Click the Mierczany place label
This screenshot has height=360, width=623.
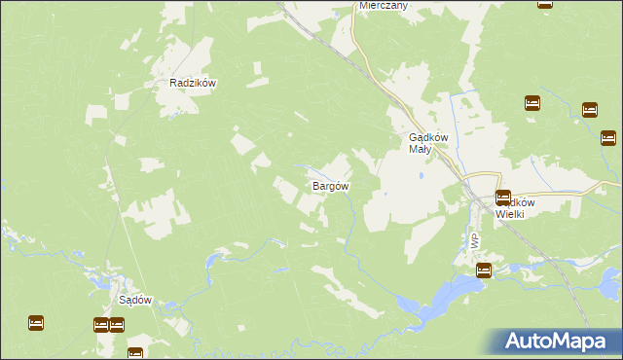(383, 5)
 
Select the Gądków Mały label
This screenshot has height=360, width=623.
(425, 143)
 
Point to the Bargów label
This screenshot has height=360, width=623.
(331, 185)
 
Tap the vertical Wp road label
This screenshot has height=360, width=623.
(474, 240)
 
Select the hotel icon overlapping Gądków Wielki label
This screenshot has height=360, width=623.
(503, 198)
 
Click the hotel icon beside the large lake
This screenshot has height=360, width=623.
(484, 271)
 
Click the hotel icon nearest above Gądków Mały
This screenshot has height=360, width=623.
(531, 103)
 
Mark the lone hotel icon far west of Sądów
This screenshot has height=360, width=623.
(36, 322)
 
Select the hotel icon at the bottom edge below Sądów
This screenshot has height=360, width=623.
(135, 353)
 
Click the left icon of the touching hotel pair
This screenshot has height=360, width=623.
(101, 325)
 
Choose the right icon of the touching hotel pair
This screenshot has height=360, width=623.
(117, 325)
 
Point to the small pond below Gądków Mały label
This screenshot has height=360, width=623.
(419, 176)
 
